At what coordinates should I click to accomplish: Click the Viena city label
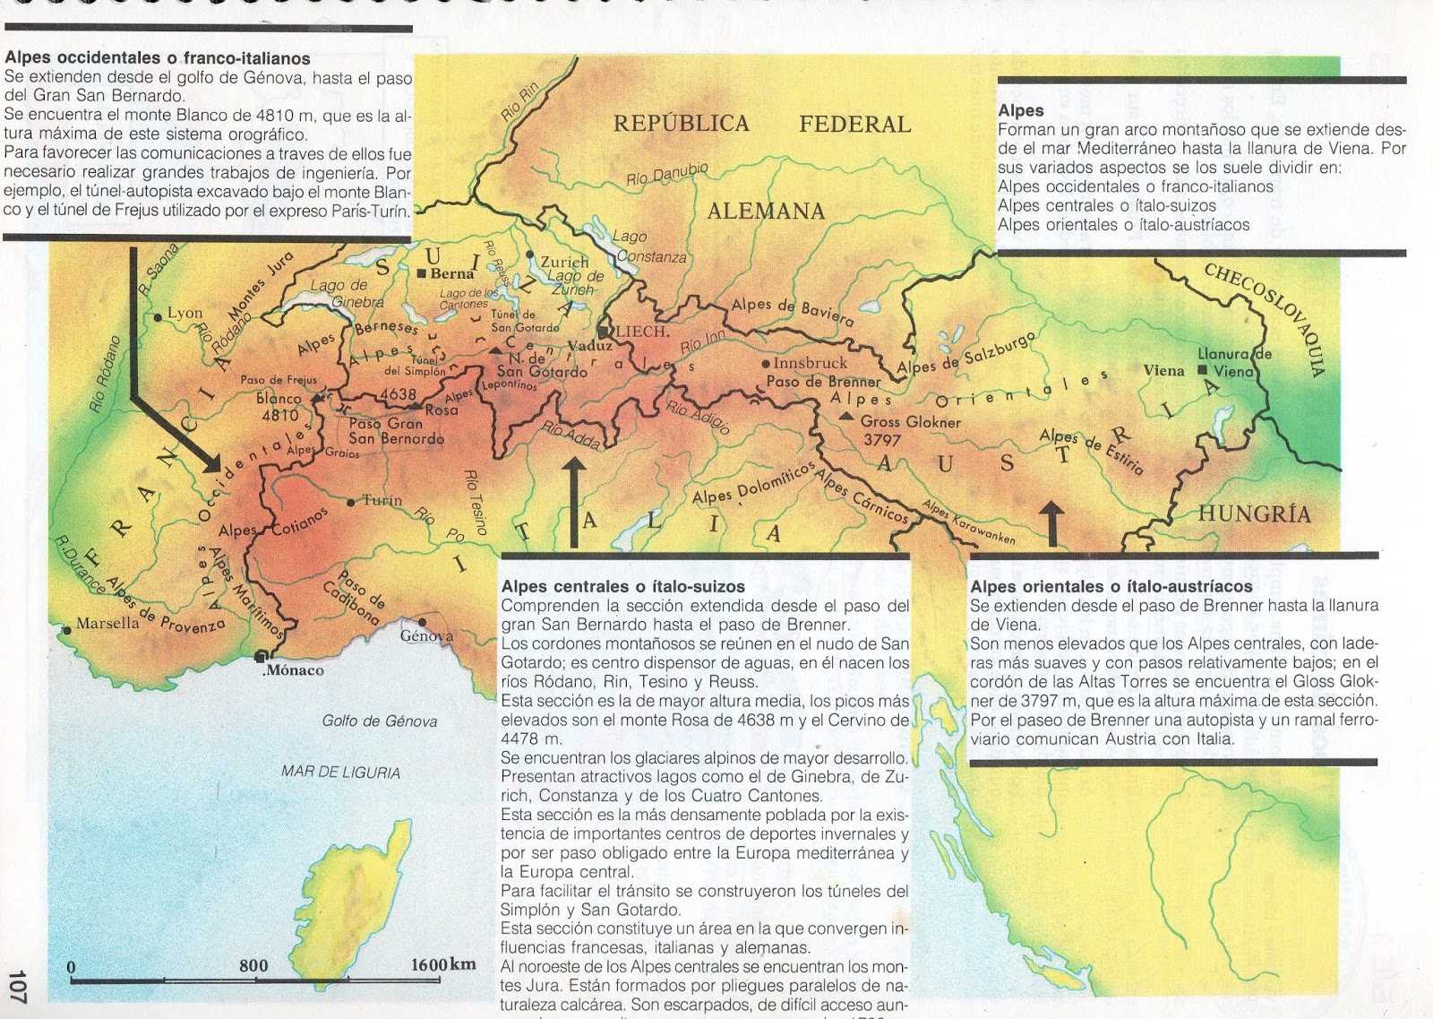click(1163, 370)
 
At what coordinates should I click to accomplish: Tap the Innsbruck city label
click(810, 363)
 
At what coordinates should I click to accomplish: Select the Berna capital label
click(451, 273)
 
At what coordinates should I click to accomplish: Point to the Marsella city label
click(107, 623)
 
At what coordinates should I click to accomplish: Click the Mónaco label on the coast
click(295, 669)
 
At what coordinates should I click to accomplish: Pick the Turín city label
click(382, 500)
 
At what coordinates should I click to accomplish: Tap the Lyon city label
click(184, 313)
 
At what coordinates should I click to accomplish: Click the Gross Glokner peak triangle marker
click(845, 416)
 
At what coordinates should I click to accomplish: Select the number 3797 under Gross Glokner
click(881, 440)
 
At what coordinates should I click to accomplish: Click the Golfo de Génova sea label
click(380, 721)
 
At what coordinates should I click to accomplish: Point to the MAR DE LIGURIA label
click(340, 772)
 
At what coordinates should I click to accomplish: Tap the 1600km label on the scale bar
click(443, 964)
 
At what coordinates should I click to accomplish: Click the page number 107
click(18, 986)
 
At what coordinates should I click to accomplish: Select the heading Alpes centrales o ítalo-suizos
click(622, 586)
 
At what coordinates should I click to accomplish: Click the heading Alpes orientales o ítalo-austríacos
click(1111, 586)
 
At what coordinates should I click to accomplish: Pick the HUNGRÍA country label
click(1254, 514)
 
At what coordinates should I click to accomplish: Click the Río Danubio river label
click(667, 174)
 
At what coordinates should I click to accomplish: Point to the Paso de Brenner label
click(823, 382)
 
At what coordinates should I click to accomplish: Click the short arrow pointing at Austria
click(1051, 523)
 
